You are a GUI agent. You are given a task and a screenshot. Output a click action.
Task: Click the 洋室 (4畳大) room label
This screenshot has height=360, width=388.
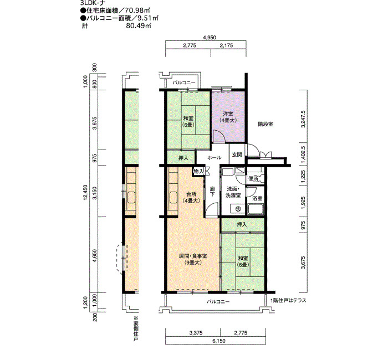pos(228,117)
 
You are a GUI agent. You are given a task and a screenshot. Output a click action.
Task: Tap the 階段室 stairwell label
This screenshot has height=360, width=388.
pos(266,124)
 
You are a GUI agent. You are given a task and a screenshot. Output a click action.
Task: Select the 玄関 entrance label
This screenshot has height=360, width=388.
pos(237,155)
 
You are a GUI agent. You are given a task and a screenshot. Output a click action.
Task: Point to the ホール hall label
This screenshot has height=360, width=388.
pos(214,157)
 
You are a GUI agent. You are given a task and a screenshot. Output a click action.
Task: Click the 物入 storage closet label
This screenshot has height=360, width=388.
pos(198,171)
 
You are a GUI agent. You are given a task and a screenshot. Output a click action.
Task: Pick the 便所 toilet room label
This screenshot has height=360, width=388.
pos(253,178)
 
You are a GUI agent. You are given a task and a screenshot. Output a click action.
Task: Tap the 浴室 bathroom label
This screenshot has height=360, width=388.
pos(257,198)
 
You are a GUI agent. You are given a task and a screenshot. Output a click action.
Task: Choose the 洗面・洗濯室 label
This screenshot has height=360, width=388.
pos(233,192)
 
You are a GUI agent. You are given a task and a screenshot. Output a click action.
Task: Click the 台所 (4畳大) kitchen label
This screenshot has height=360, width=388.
pos(191,197)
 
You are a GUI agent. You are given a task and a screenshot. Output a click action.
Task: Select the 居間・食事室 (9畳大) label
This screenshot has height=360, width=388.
pos(193,259)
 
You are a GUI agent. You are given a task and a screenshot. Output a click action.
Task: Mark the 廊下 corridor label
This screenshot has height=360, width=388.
pos(212,192)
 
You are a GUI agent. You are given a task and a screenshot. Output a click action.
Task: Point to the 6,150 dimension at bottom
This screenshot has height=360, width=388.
pos(219,341)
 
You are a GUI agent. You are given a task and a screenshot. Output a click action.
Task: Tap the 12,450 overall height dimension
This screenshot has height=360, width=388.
pos(85,192)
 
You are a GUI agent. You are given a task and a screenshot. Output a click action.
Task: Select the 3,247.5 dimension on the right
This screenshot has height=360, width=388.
pos(304,119)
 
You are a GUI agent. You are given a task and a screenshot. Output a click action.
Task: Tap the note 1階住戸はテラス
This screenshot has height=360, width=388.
pos(289,300)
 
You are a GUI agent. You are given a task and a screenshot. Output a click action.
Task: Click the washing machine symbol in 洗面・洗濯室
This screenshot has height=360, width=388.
pos(238,208)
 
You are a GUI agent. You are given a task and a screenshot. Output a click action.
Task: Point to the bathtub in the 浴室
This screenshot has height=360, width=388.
pos(256,209)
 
